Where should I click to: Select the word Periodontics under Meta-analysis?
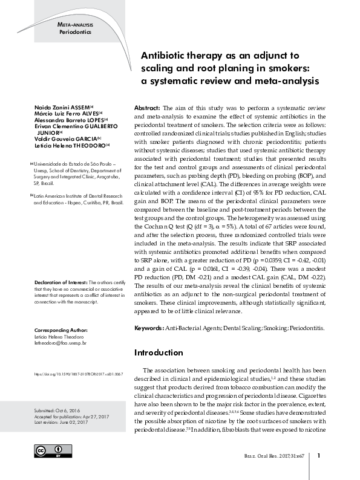76,31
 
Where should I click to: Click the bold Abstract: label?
147,106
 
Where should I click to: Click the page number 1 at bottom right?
318,455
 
